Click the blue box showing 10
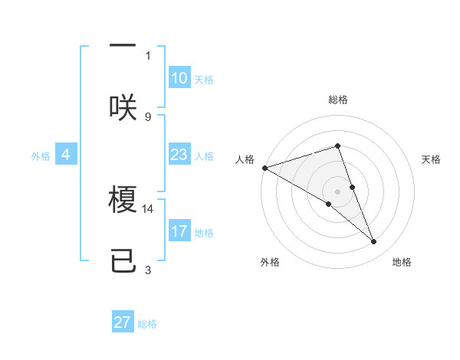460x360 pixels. pyautogui.click(x=179, y=78)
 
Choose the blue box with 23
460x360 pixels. pyautogui.click(x=179, y=155)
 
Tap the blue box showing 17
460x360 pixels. pyautogui.click(x=179, y=231)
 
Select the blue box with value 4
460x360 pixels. pyautogui.click(x=66, y=155)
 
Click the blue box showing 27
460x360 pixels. pyautogui.click(x=123, y=322)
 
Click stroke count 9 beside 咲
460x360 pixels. pyautogui.click(x=148, y=116)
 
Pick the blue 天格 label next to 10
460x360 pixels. pyautogui.click(x=204, y=80)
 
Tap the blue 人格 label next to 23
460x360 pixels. pyautogui.click(x=204, y=156)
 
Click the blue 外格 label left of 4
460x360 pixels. pyautogui.click(x=41, y=156)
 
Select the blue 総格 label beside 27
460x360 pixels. pyautogui.click(x=147, y=324)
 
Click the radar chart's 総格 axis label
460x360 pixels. pyautogui.click(x=337, y=100)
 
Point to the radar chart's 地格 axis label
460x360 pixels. pyautogui.click(x=402, y=262)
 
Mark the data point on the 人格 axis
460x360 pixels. pyautogui.click(x=264, y=168)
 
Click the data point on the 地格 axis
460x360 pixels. pyautogui.click(x=374, y=242)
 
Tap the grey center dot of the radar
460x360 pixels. pyautogui.click(x=337, y=191)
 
